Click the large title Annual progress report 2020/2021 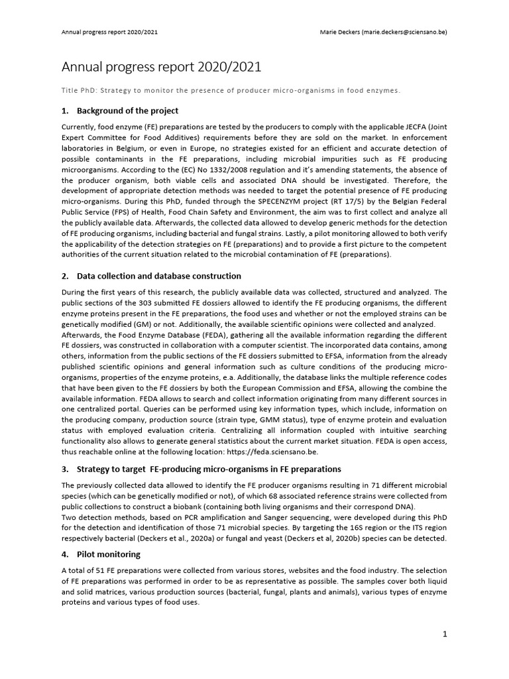point(161,67)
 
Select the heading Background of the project point(127,110)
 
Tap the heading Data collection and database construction point(159,275)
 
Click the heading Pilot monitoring point(108,554)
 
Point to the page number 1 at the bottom point(445,634)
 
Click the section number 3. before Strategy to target point(65,469)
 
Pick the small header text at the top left point(109,31)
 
